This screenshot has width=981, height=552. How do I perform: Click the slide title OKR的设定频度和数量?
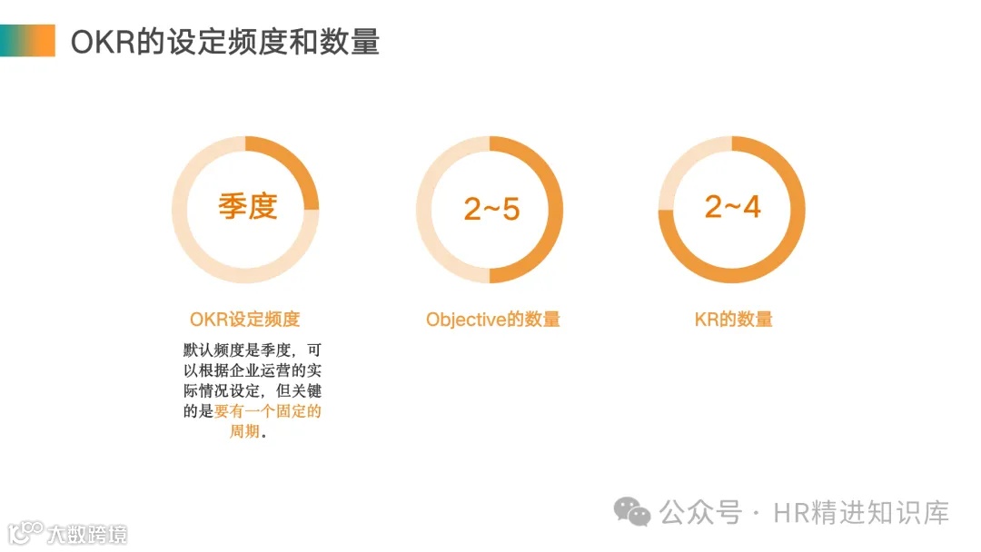[224, 41]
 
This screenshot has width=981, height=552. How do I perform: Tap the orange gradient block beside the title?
[27, 41]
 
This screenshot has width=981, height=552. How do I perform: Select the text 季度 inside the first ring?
[247, 206]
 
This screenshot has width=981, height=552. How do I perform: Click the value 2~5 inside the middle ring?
[491, 209]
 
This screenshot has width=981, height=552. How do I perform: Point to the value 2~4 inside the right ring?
[732, 206]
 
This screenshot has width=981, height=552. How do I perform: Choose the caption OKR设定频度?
[244, 320]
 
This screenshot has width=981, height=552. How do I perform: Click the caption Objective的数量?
[492, 320]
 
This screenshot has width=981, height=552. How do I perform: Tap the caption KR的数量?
[733, 320]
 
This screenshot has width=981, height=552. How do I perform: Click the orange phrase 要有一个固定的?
[268, 411]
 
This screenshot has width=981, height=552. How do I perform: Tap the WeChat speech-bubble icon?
[632, 511]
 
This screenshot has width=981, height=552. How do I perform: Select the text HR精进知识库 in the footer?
[861, 512]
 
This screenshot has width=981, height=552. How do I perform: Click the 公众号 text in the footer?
[700, 512]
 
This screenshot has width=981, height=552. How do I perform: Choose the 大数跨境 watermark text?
[87, 533]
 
